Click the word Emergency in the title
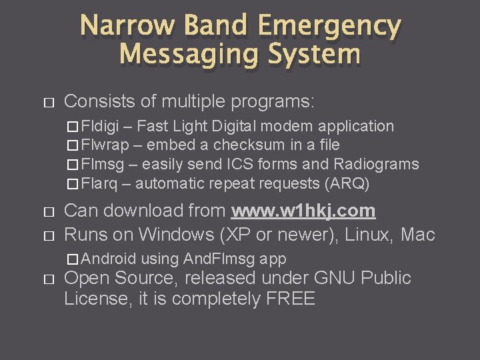329,26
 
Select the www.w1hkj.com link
303,211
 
